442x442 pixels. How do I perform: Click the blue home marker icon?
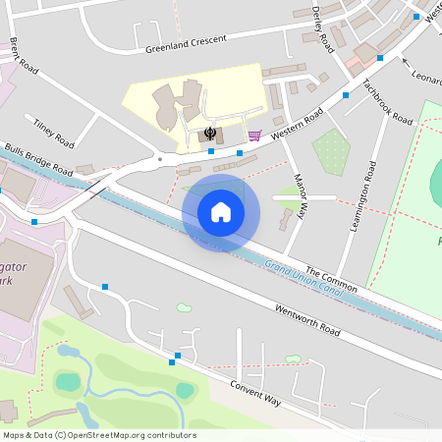tap(220, 212)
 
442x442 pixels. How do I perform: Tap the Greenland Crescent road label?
tap(185, 43)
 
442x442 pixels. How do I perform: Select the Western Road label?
tap(298, 122)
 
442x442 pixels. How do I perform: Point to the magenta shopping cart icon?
tap(253, 135)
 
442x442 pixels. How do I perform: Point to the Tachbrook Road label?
tap(387, 100)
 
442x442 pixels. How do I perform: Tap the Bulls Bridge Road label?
tap(39, 157)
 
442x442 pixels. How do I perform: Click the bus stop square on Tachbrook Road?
tap(345, 95)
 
